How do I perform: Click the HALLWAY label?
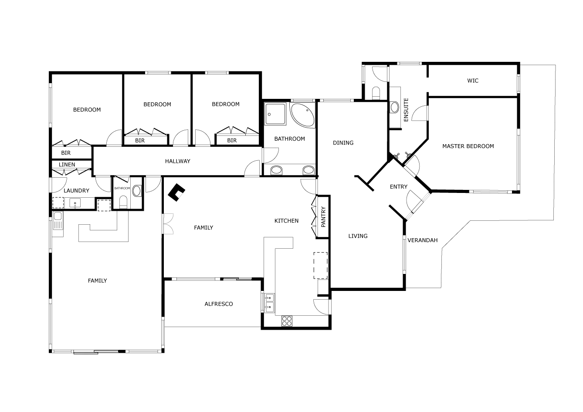click(177, 161)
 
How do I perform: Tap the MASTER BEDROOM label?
click(468, 146)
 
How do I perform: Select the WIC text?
click(473, 81)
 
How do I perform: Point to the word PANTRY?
click(323, 217)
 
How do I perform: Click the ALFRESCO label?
click(219, 304)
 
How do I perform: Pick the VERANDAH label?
click(422, 240)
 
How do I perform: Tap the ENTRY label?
click(398, 187)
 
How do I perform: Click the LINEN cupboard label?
click(67, 165)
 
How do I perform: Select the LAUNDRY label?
click(76, 191)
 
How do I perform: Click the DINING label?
click(343, 143)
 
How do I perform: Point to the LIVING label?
click(358, 236)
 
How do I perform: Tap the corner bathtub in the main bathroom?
click(302, 115)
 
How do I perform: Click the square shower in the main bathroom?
click(275, 114)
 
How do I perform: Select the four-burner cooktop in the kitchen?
click(287, 321)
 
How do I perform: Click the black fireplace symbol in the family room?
click(176, 192)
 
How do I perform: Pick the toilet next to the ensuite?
click(376, 93)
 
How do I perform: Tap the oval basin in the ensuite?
click(395, 107)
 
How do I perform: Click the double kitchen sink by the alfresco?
click(269, 303)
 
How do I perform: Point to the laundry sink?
click(75, 203)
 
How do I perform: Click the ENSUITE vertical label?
click(406, 110)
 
